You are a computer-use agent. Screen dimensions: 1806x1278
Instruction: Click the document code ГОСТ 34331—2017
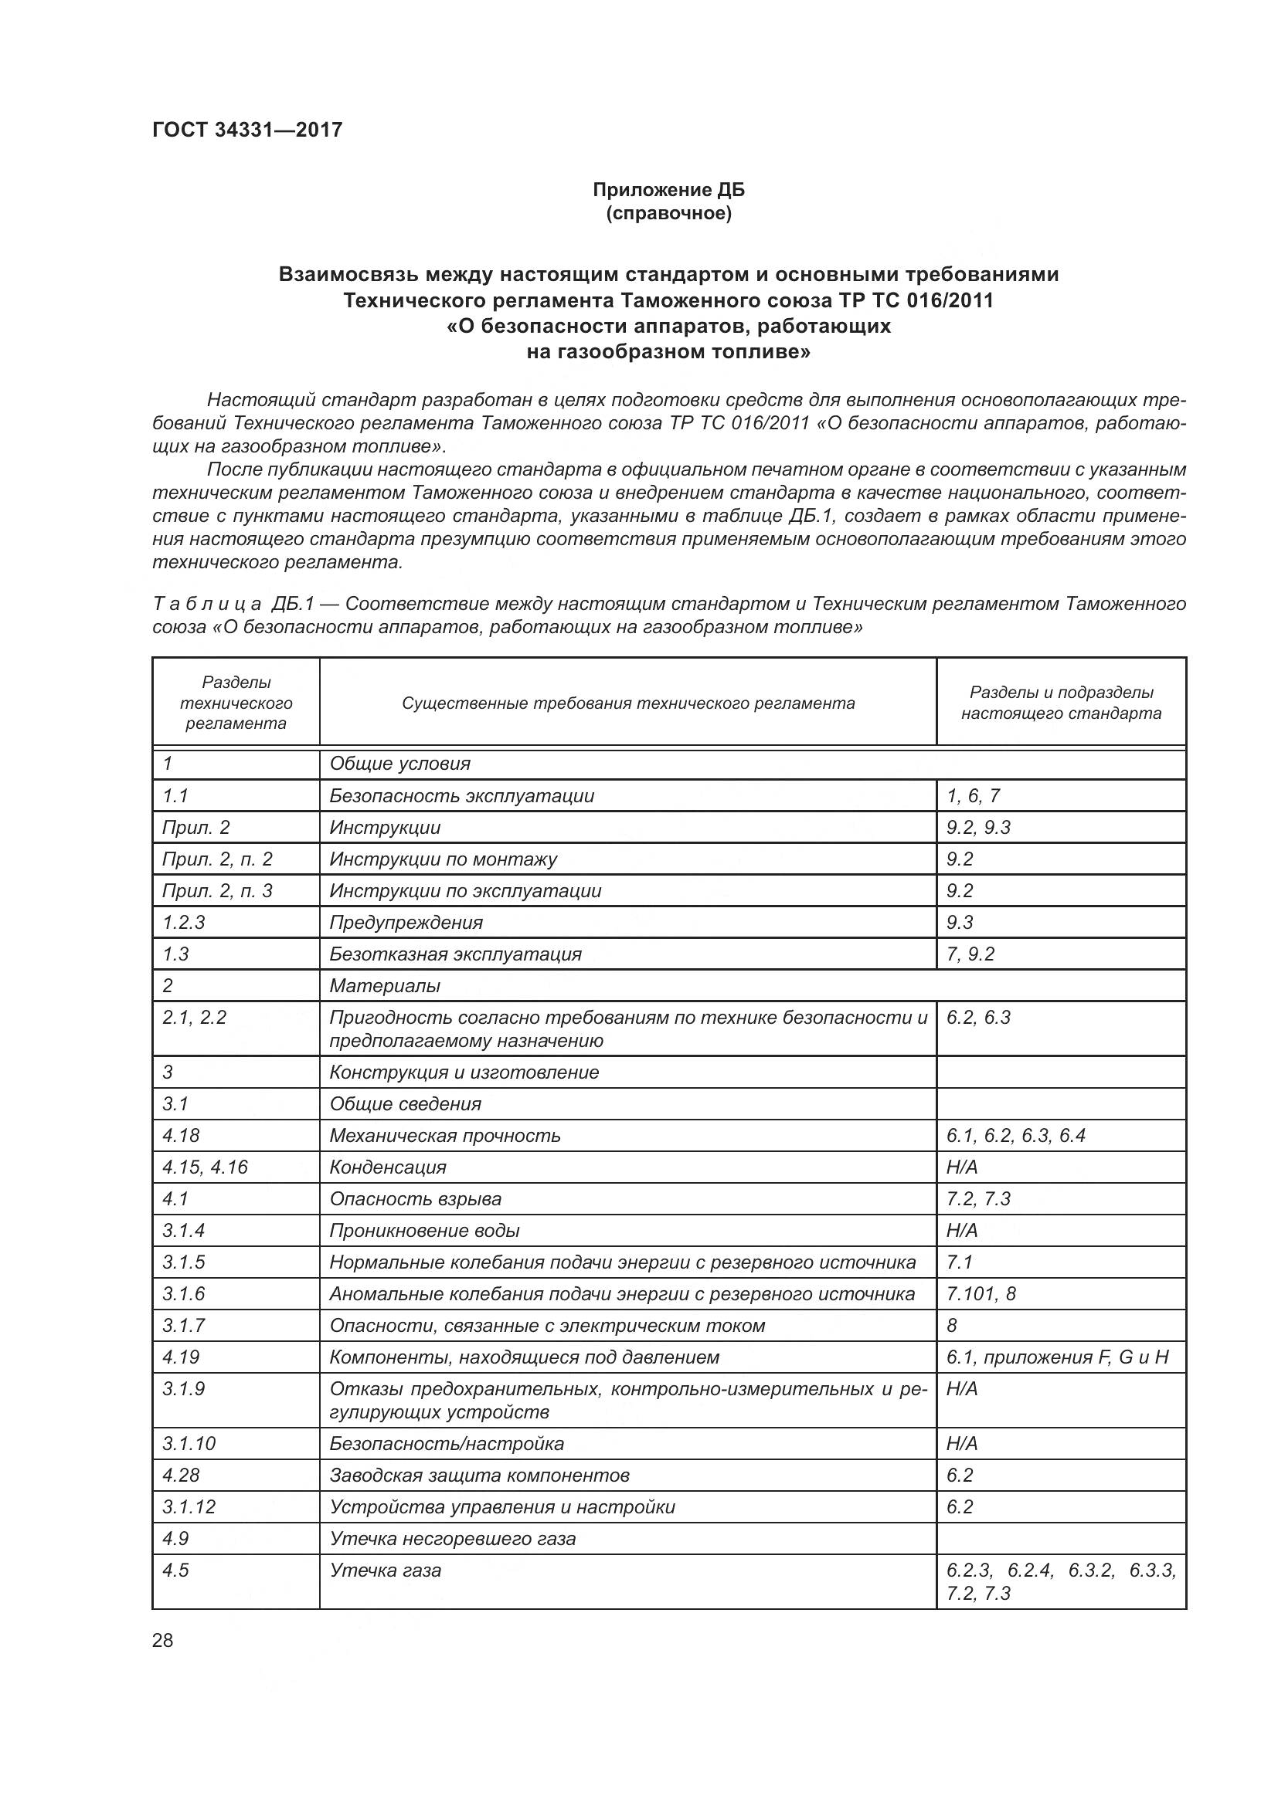pyautogui.click(x=248, y=130)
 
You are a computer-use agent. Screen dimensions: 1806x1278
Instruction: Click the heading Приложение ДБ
pyautogui.click(x=668, y=190)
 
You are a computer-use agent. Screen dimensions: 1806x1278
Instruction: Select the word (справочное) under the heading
pyautogui.click(x=668, y=213)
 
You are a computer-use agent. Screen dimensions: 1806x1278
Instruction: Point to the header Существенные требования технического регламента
pyautogui.click(x=628, y=703)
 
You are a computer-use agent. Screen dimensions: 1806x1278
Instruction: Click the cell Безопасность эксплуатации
pyautogui.click(x=462, y=795)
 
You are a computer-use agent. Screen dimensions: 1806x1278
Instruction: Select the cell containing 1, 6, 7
pyautogui.click(x=974, y=795)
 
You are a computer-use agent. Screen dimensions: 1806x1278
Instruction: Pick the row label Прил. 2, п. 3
pyautogui.click(x=217, y=890)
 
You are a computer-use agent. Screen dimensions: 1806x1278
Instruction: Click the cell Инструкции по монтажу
pyautogui.click(x=443, y=859)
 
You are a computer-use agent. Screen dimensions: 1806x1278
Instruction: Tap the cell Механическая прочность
pyautogui.click(x=444, y=1135)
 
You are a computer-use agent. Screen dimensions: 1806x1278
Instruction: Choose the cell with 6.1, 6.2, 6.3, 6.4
pyautogui.click(x=1016, y=1135)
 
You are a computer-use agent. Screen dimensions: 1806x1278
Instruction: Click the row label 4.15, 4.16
pyautogui.click(x=205, y=1167)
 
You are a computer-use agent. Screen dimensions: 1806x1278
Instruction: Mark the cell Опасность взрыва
pyautogui.click(x=415, y=1199)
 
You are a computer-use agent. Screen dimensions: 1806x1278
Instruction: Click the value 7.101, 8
pyautogui.click(x=981, y=1293)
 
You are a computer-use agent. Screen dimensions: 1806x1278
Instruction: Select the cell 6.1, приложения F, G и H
pyautogui.click(x=1058, y=1357)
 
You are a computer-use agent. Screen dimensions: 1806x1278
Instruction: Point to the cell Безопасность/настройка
pyautogui.click(x=446, y=1443)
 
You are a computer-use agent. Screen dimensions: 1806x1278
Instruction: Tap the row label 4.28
pyautogui.click(x=181, y=1475)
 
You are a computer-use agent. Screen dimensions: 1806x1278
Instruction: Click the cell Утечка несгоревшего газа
pyautogui.click(x=453, y=1539)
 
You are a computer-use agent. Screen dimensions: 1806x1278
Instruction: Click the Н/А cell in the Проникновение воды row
pyautogui.click(x=962, y=1230)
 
